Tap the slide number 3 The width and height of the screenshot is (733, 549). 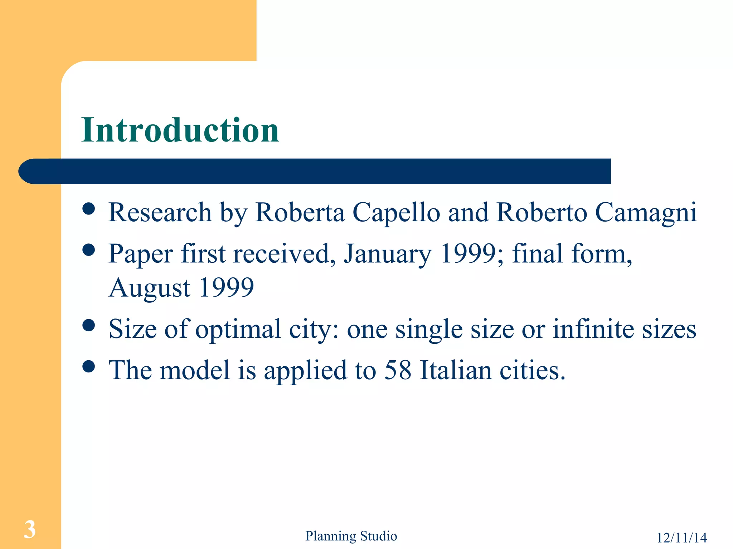tap(30, 529)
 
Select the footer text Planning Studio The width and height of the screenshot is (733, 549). tap(351, 536)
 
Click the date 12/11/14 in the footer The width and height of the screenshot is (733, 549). tap(681, 538)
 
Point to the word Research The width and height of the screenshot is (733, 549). tap(160, 212)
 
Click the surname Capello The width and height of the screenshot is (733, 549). tap(396, 213)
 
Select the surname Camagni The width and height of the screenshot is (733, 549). tap(646, 213)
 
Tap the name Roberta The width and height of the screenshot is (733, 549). tap(300, 212)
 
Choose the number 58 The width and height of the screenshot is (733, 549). tap(398, 370)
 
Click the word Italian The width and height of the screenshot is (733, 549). tap(456, 370)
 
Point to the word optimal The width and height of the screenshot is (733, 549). tap(238, 330)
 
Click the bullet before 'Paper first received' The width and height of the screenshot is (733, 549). tap(88, 250)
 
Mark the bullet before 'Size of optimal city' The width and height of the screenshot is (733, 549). tap(88, 325)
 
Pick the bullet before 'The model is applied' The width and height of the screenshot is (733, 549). tap(88, 366)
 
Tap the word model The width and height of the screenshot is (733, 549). tap(194, 370)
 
